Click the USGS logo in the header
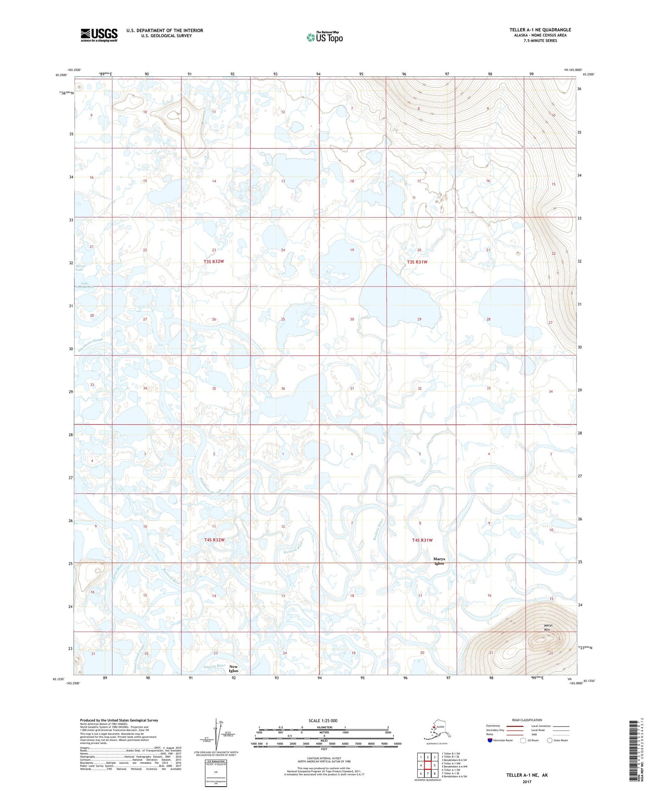[99, 35]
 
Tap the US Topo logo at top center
[324, 37]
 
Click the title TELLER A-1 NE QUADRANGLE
[540, 30]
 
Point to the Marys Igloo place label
[439, 561]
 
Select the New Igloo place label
[234, 668]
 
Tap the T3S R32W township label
[214, 261]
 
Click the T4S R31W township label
[422, 540]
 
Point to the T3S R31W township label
[417, 262]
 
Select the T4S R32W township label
[214, 540]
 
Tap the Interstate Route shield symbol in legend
[490, 740]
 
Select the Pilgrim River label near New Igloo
[214, 666]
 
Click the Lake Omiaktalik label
[85, 285]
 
